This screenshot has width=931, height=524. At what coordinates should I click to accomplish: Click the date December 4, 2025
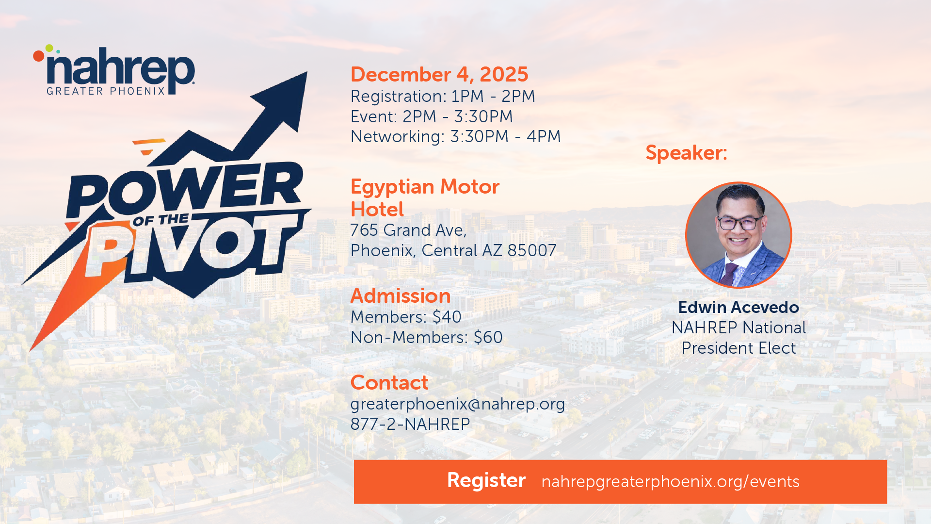click(439, 75)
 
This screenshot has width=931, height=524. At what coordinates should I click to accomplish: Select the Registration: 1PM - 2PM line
click(443, 96)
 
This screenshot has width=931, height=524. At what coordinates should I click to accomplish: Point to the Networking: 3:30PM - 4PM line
click(455, 136)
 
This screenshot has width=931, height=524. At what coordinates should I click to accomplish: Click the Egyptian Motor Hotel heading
click(425, 198)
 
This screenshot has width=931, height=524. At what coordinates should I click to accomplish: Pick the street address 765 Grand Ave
click(408, 230)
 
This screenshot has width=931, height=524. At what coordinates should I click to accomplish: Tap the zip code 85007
click(532, 250)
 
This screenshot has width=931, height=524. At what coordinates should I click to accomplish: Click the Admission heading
click(401, 296)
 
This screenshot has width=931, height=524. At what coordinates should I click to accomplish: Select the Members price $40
click(447, 317)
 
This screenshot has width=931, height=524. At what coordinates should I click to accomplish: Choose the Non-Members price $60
click(488, 337)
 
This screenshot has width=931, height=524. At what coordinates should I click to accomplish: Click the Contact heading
click(389, 383)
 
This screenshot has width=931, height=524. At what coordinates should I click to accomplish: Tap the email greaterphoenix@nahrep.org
click(458, 404)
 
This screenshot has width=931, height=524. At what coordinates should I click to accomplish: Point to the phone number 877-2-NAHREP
click(410, 424)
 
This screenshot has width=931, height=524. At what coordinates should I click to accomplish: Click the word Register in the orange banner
click(486, 480)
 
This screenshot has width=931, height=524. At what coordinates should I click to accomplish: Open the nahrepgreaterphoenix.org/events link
click(670, 481)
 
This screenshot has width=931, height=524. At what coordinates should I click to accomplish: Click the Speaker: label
click(686, 153)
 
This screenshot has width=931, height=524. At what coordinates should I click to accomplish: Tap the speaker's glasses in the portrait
click(738, 223)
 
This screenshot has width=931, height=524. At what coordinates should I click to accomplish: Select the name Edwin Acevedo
click(738, 307)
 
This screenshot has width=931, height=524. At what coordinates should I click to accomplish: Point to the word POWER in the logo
click(184, 189)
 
